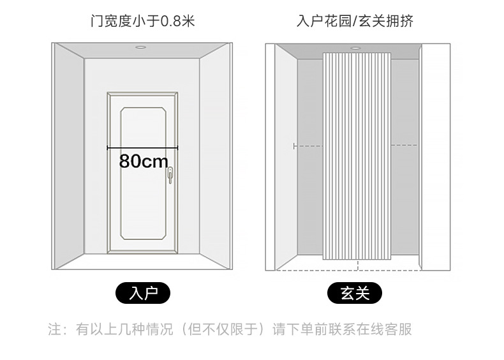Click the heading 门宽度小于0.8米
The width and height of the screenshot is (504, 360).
click(x=142, y=21)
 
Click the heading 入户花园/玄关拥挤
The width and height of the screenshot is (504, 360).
click(x=355, y=21)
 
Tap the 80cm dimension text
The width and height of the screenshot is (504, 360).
click(x=144, y=161)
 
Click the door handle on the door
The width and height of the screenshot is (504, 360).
click(x=170, y=174)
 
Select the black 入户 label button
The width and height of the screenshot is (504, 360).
click(x=143, y=294)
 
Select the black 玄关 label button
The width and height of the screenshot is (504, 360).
click(x=355, y=294)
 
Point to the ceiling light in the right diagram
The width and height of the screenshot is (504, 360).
click(x=355, y=48)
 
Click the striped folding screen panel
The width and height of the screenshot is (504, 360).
click(x=357, y=156)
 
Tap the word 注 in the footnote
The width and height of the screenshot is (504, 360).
click(x=55, y=330)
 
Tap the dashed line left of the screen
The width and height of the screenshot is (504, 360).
click(x=308, y=146)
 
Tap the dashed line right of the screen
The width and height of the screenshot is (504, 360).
click(x=404, y=146)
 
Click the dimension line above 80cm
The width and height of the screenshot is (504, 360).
click(x=142, y=147)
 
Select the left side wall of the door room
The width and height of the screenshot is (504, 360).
click(x=69, y=156)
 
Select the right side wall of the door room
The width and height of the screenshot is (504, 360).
click(x=215, y=156)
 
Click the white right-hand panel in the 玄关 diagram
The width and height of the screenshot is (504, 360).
click(x=435, y=156)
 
